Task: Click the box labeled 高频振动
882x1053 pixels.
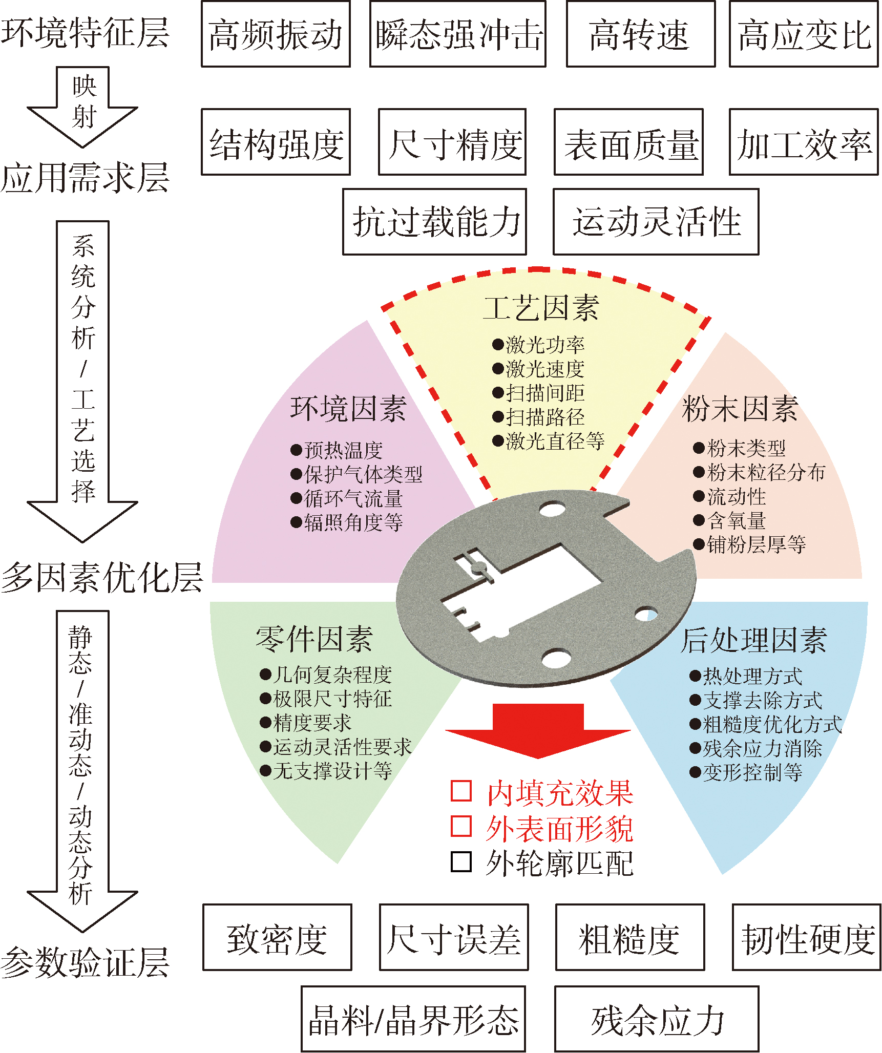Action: pyautogui.click(x=276, y=34)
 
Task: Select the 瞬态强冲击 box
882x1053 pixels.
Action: pyautogui.click(x=457, y=34)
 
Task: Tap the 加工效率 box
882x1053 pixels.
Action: pyautogui.click(x=803, y=142)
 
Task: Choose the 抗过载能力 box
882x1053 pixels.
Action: pyautogui.click(x=434, y=222)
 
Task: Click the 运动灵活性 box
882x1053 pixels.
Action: pyautogui.click(x=656, y=222)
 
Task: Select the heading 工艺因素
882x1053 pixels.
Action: pyautogui.click(x=541, y=308)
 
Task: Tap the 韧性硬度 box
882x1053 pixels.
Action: pyautogui.click(x=807, y=937)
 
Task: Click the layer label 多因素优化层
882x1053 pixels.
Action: pyautogui.click(x=101, y=577)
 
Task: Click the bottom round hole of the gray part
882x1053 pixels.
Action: pyautogui.click(x=556, y=657)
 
